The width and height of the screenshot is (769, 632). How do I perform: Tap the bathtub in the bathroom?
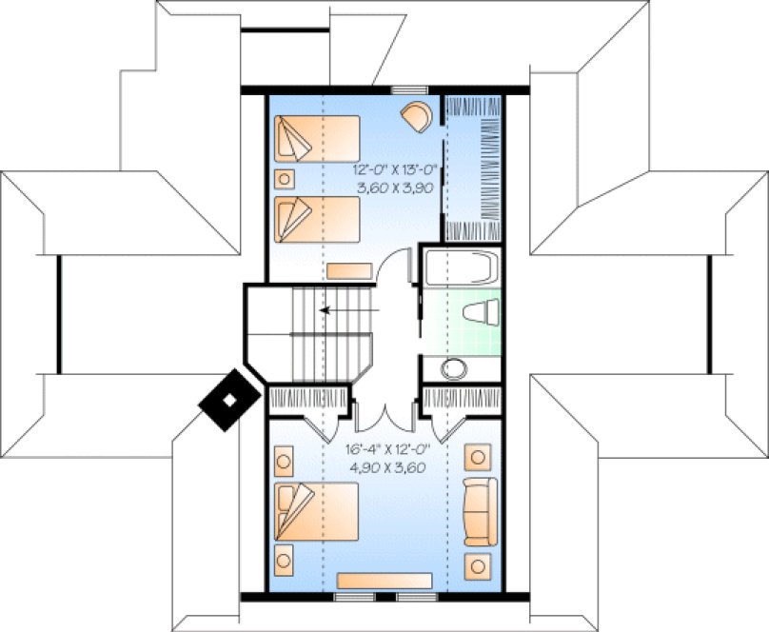tap(461, 267)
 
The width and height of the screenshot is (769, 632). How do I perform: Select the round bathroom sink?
tap(454, 369)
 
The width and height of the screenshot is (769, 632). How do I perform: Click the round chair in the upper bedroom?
tap(416, 116)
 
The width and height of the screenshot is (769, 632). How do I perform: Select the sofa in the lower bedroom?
tap(479, 511)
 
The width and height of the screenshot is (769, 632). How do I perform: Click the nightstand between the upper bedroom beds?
tap(284, 179)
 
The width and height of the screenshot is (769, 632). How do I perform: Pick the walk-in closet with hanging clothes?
tap(475, 168)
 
